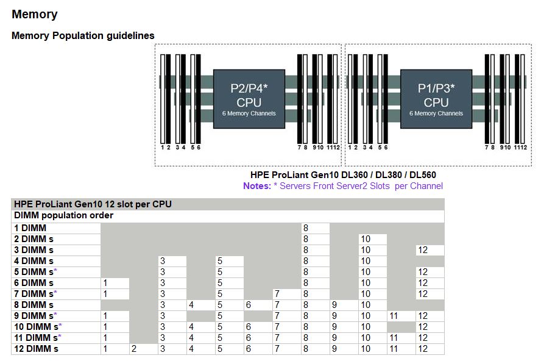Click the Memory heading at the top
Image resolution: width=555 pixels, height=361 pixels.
(34, 14)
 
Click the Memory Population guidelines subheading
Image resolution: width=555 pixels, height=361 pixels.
(83, 35)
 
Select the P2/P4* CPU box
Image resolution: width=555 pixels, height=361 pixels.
(249, 99)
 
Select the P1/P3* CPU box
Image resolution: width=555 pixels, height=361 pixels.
(436, 99)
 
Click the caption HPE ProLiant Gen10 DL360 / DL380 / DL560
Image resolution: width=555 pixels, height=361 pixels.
(343, 175)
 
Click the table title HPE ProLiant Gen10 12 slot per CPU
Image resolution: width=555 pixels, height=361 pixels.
(93, 204)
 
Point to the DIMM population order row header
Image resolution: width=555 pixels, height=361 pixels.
(64, 215)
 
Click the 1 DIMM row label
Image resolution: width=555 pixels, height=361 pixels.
(30, 228)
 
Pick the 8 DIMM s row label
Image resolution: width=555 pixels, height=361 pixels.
(34, 305)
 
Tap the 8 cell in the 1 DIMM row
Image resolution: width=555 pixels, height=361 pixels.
(306, 228)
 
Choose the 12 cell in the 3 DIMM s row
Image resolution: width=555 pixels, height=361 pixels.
(423, 250)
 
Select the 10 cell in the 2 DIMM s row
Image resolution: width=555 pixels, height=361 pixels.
(365, 239)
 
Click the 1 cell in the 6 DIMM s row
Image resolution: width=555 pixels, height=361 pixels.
(105, 283)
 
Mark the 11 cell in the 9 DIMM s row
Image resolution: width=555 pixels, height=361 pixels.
(394, 316)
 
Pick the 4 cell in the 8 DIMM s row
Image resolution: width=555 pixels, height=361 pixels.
(191, 305)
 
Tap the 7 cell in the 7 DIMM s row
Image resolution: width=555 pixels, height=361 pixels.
(277, 294)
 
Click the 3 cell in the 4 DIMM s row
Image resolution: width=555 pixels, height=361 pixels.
(163, 261)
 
